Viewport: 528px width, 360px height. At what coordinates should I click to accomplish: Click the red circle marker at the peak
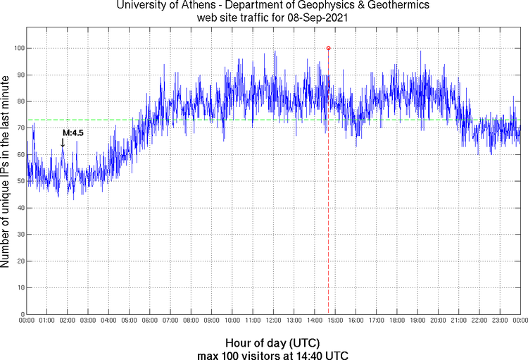click(x=328, y=48)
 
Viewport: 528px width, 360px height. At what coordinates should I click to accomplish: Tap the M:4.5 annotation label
click(x=73, y=132)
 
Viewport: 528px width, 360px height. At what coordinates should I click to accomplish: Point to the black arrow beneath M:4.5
click(x=63, y=142)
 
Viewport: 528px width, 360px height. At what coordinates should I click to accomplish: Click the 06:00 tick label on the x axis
click(x=150, y=321)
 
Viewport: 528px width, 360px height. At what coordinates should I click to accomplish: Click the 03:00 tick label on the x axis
click(x=89, y=321)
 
